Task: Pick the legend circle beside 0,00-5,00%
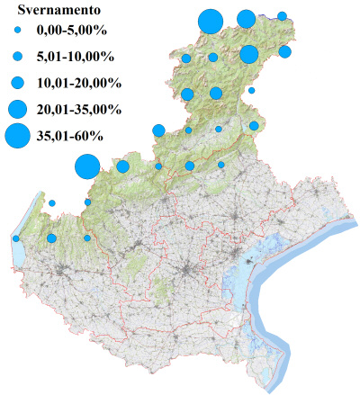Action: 16,31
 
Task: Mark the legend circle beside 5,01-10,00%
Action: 16,57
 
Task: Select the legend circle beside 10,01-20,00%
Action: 16,83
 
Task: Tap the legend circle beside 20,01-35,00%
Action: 16,109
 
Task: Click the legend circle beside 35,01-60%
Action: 16,136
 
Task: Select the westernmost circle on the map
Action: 16,238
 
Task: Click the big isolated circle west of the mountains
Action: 86,166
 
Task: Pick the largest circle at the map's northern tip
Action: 210,20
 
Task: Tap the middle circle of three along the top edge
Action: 246,19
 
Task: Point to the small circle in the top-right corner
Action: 282,16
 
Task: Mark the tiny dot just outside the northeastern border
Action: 252,90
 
